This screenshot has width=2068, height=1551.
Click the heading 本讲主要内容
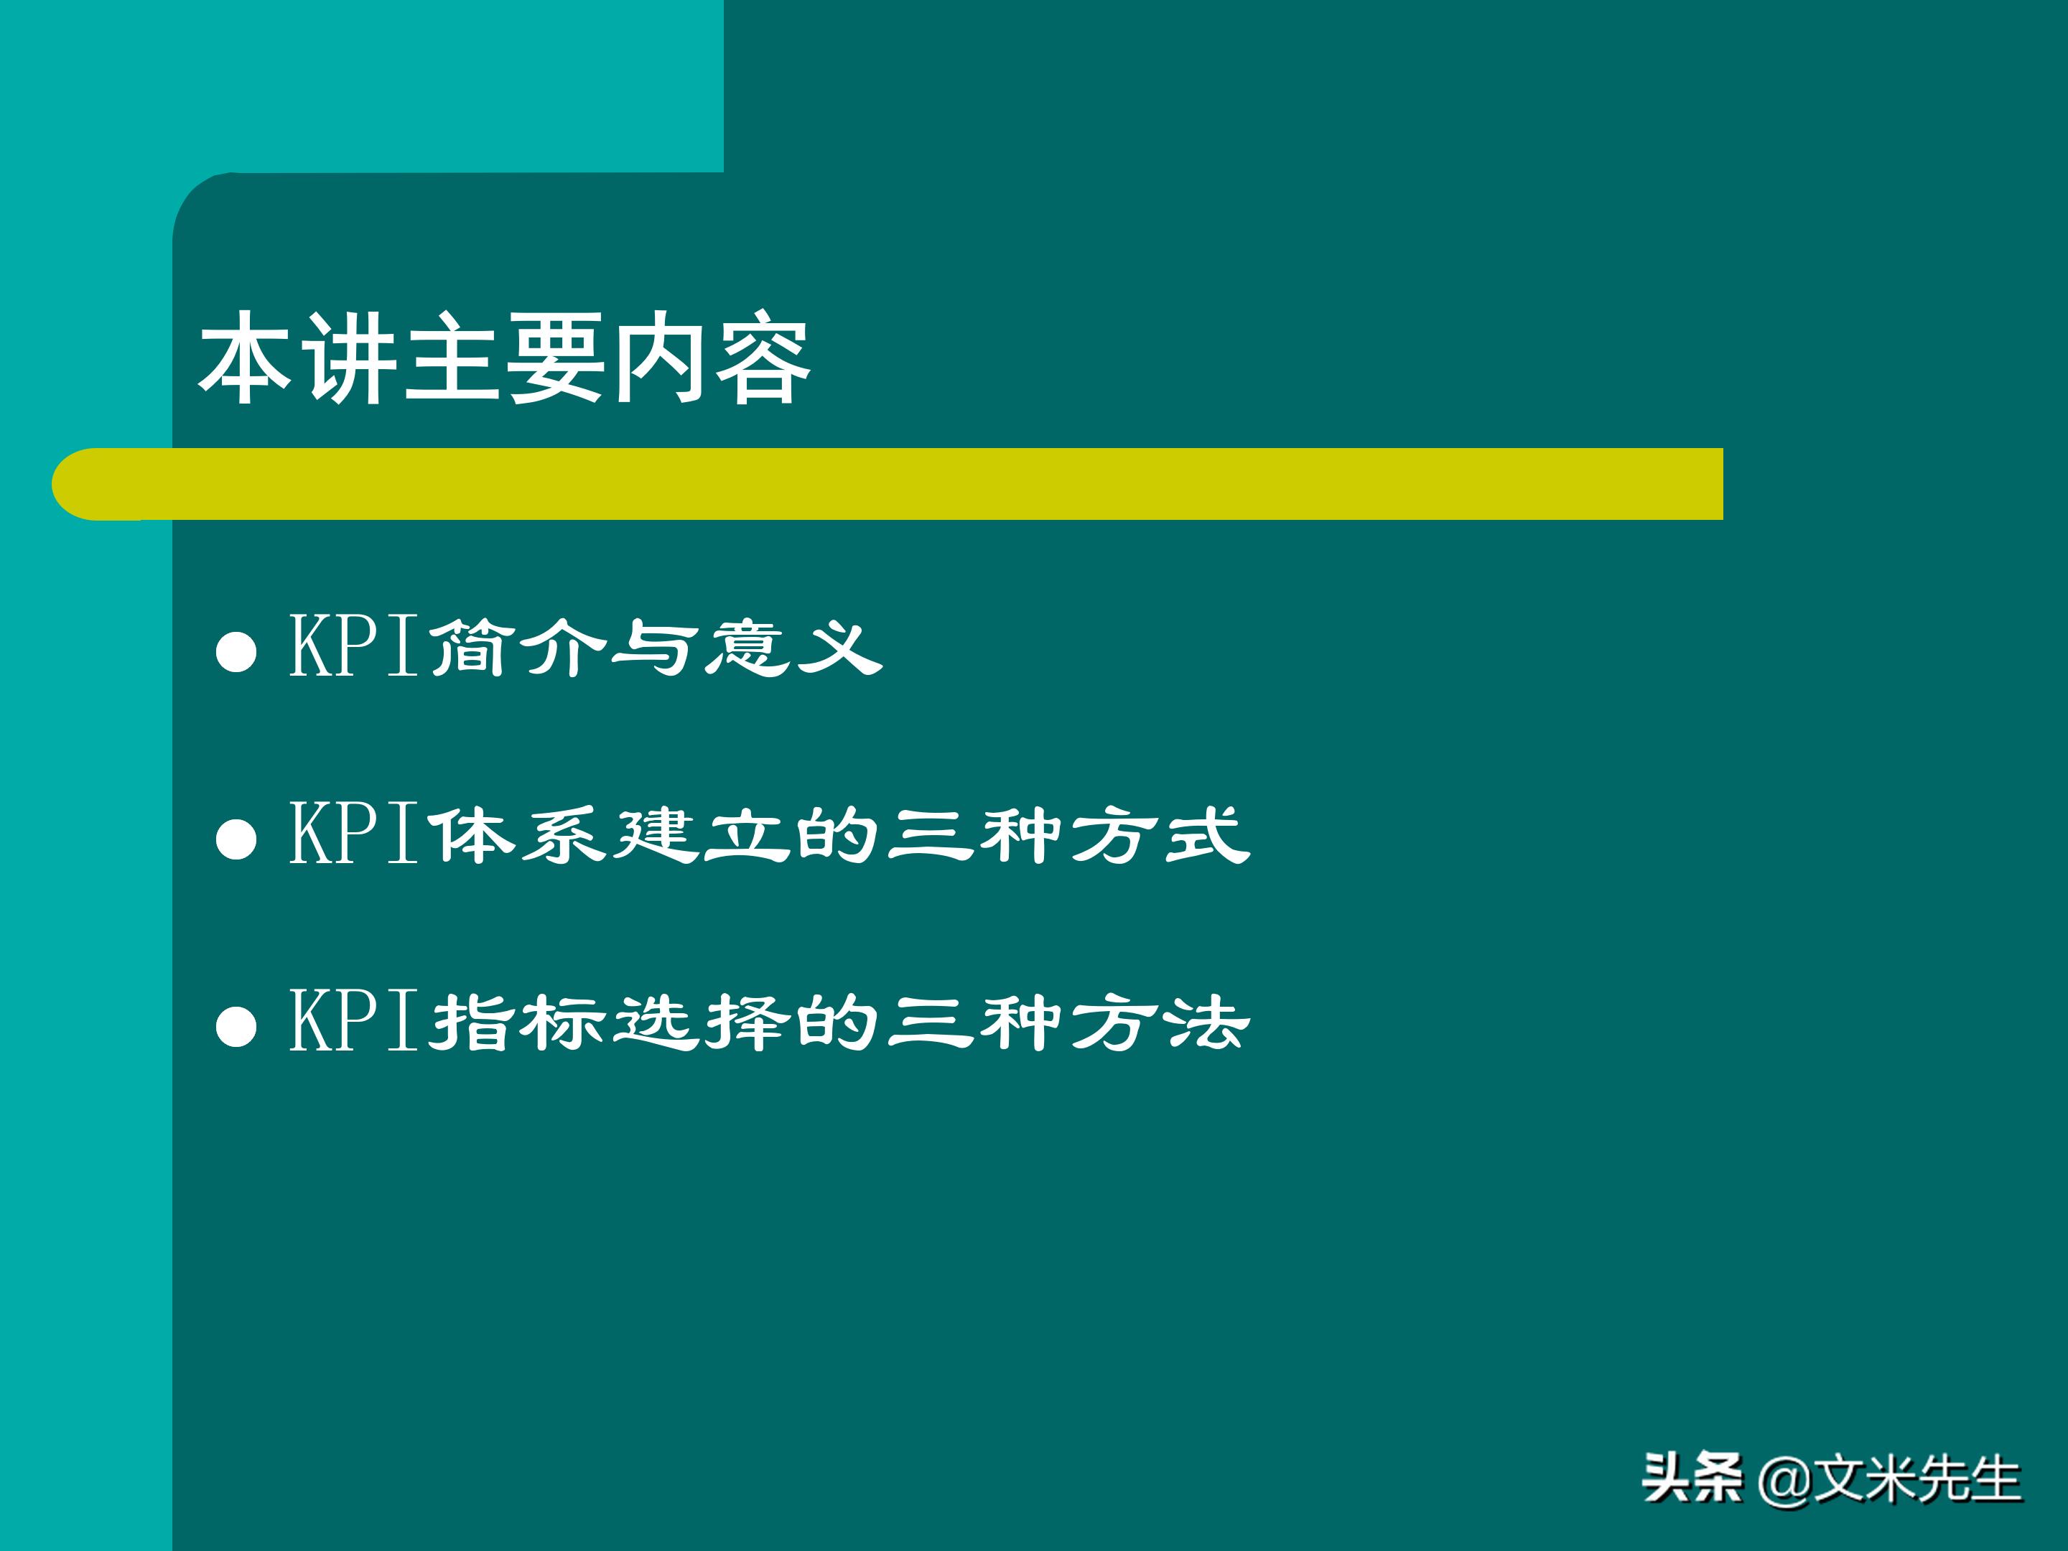(x=505, y=359)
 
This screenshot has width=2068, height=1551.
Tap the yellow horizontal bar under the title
(x=888, y=484)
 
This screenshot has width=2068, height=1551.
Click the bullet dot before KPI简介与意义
(x=236, y=651)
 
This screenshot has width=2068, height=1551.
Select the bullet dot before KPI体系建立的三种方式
(x=236, y=839)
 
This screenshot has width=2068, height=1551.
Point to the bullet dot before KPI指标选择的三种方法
(x=236, y=1025)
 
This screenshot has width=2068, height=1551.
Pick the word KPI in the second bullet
(x=353, y=833)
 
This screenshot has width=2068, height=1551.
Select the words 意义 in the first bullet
(x=793, y=647)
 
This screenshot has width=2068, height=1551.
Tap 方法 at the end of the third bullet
(x=1159, y=1022)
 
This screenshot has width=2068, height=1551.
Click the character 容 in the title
(x=762, y=359)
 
